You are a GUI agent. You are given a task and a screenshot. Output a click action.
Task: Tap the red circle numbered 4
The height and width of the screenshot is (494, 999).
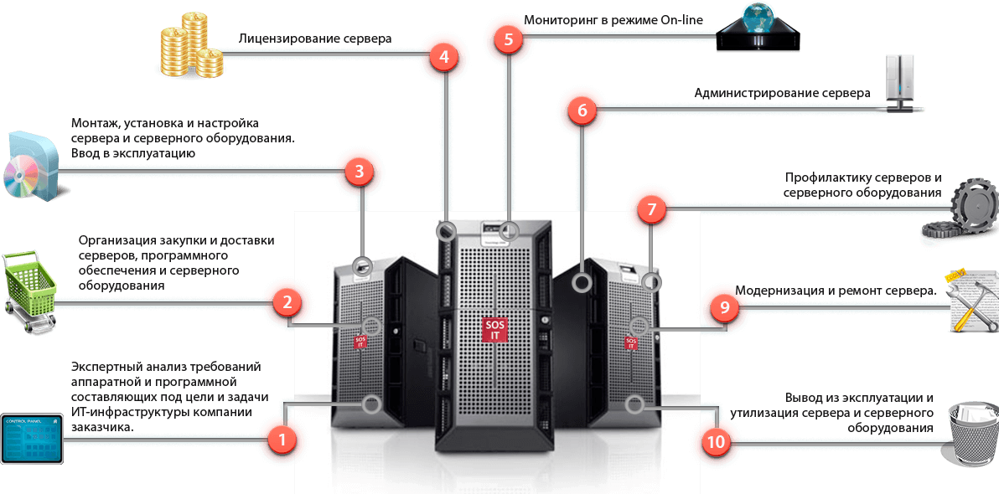click(444, 57)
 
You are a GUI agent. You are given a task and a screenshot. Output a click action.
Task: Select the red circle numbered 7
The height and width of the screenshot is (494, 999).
click(651, 208)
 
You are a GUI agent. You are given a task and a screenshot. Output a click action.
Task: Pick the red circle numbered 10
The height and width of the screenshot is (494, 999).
click(717, 442)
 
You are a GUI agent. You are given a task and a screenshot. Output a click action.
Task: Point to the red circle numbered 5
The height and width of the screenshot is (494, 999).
click(509, 39)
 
